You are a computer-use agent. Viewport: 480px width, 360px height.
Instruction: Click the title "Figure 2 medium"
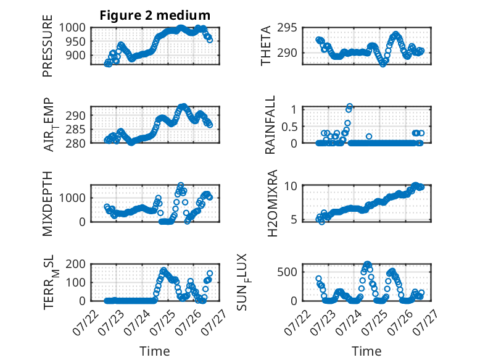pyautogui.click(x=155, y=15)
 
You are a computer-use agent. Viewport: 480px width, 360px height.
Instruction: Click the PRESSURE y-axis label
pyautogui.click(x=48, y=46)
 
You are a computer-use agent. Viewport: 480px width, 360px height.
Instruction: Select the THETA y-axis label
pyautogui.click(x=266, y=46)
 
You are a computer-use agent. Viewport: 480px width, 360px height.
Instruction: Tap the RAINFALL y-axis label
pyautogui.click(x=270, y=125)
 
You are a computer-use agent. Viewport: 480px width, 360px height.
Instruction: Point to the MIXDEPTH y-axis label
pyautogui.click(x=48, y=204)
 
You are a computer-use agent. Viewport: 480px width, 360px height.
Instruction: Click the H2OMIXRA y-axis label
pyautogui.click(x=272, y=203)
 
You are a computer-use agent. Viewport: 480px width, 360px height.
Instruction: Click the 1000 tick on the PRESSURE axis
pyautogui.click(x=72, y=28)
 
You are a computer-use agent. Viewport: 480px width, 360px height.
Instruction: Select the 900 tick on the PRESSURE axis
pyautogui.click(x=76, y=56)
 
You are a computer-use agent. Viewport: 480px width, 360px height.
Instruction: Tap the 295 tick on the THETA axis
pyautogui.click(x=287, y=28)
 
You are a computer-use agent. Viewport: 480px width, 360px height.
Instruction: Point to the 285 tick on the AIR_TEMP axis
pyautogui.click(x=76, y=129)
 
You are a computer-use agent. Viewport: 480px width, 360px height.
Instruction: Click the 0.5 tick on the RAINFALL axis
pyautogui.click(x=289, y=126)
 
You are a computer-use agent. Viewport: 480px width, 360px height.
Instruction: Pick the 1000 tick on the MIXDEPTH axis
pyautogui.click(x=72, y=198)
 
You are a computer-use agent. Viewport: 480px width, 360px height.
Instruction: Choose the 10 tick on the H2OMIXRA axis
pyautogui.click(x=291, y=186)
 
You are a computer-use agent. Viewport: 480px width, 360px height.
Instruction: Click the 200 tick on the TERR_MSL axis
pyautogui.click(x=76, y=264)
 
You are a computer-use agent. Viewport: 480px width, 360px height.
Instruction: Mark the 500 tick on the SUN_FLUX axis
pyautogui.click(x=288, y=272)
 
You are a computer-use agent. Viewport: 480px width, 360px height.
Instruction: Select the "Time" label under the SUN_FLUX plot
pyautogui.click(x=366, y=351)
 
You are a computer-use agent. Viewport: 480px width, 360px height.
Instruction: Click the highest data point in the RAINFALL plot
pyautogui.click(x=350, y=107)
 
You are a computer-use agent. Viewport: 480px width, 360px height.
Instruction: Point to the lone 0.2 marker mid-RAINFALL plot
pyautogui.click(x=369, y=136)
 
